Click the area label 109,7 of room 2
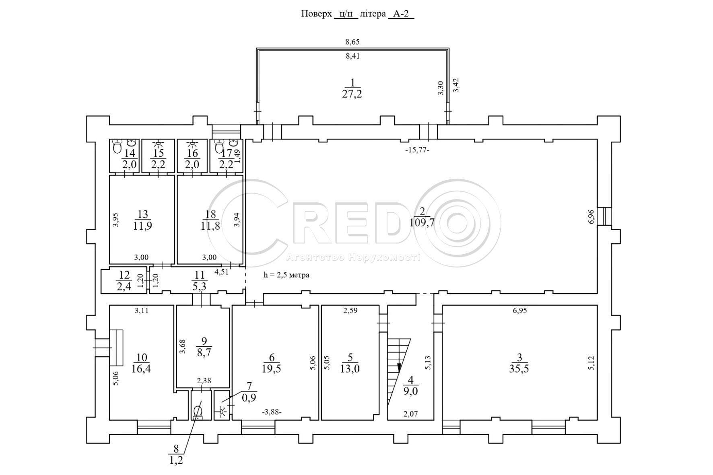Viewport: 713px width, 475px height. pyautogui.click(x=422, y=222)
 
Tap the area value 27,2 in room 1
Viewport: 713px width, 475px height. pyautogui.click(x=352, y=94)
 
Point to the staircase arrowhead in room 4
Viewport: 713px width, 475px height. pyautogui.click(x=400, y=367)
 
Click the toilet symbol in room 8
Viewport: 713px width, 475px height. pyautogui.click(x=198, y=412)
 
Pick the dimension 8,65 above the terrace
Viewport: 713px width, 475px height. pyautogui.click(x=352, y=41)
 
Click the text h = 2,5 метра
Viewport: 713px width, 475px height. pyautogui.click(x=286, y=275)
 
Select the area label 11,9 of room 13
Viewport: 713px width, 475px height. pyautogui.click(x=142, y=226)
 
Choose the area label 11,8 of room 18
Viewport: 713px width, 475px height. pyautogui.click(x=210, y=226)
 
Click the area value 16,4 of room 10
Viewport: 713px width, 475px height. pyautogui.click(x=141, y=369)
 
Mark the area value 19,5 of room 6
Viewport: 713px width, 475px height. pyautogui.click(x=272, y=369)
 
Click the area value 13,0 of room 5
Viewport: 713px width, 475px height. pyautogui.click(x=350, y=369)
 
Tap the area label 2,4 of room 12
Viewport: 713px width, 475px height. pyautogui.click(x=124, y=286)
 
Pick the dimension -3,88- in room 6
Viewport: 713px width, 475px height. pyautogui.click(x=272, y=412)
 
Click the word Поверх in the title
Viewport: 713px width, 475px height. pyautogui.click(x=316, y=14)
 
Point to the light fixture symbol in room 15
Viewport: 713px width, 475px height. pyautogui.click(x=158, y=144)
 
